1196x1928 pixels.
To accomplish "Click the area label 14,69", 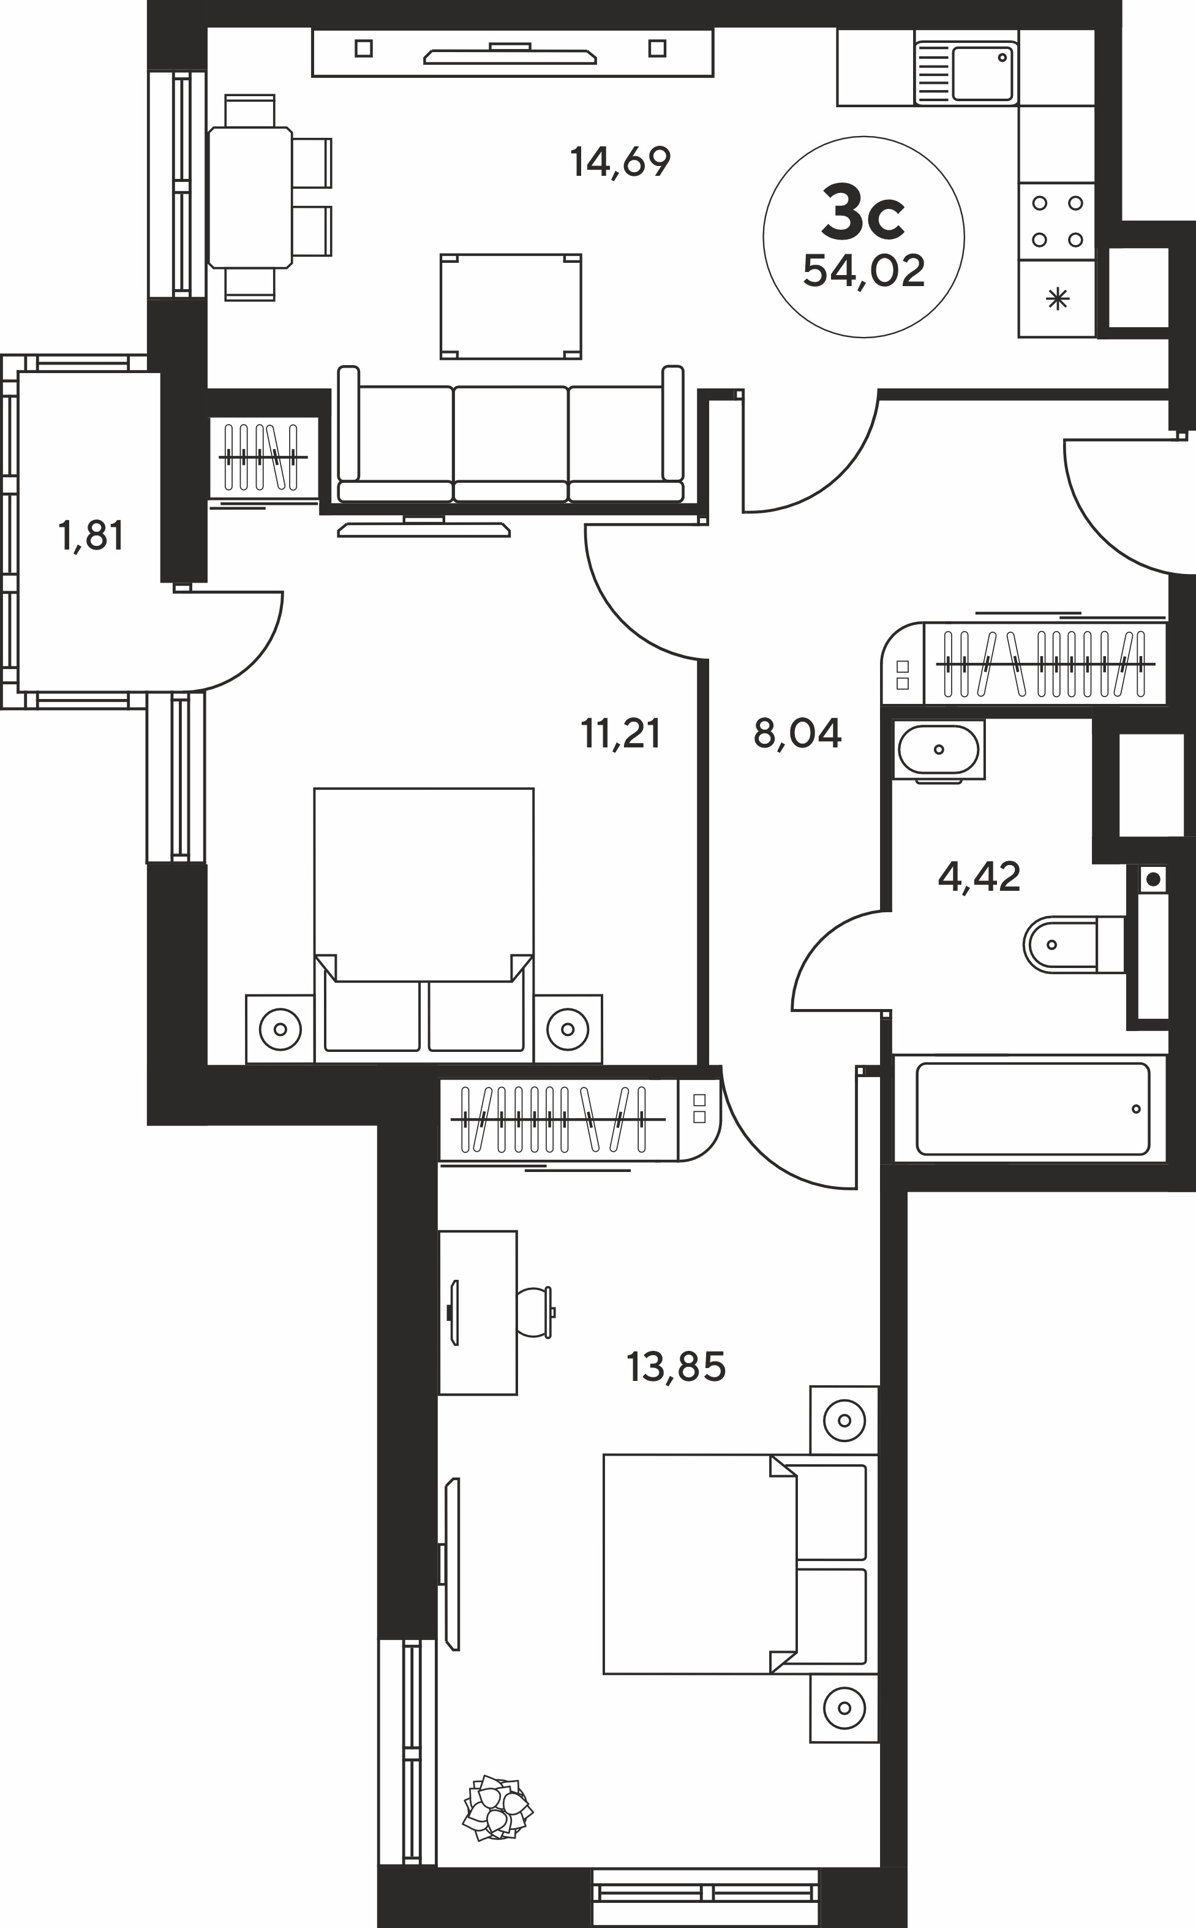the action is (620, 162).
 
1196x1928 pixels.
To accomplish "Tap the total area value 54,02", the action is (863, 271).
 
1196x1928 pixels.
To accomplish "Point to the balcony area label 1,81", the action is (91, 537).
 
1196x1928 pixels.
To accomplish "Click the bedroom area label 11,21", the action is (620, 733).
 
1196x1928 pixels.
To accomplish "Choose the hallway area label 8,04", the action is (797, 733).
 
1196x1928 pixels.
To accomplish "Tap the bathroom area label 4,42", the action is (979, 877).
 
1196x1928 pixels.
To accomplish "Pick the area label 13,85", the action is (676, 1366).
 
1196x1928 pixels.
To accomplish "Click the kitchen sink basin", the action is (984, 73).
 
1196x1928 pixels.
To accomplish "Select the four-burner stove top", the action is (1057, 222).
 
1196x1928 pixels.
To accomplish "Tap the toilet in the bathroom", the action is (1074, 945).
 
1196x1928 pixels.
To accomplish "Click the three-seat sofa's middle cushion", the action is (510, 443).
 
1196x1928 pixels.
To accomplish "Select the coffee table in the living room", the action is (511, 306).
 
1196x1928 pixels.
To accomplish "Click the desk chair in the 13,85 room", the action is (535, 1312).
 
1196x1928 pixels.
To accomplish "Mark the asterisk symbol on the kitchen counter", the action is (1057, 299).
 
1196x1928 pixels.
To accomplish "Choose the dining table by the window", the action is (250, 198).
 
